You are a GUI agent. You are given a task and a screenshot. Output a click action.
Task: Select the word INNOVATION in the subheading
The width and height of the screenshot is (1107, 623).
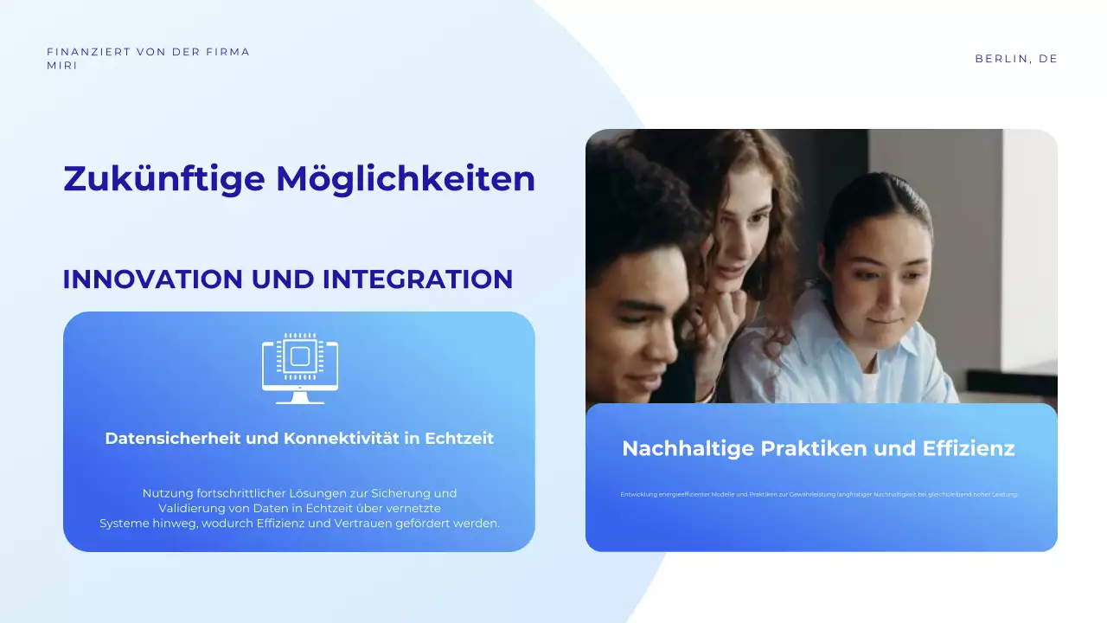tap(152, 279)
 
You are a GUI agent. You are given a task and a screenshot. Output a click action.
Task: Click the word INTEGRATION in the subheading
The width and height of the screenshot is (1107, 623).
tap(418, 279)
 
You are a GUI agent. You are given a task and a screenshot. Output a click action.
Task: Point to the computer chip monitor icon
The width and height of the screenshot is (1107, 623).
tap(300, 369)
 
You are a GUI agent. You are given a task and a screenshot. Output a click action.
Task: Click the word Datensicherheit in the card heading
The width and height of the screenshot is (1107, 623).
tap(173, 438)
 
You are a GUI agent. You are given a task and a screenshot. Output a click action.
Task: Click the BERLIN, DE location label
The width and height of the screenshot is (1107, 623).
tap(1016, 59)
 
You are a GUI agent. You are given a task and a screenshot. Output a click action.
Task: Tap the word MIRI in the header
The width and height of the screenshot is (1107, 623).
tap(61, 66)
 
